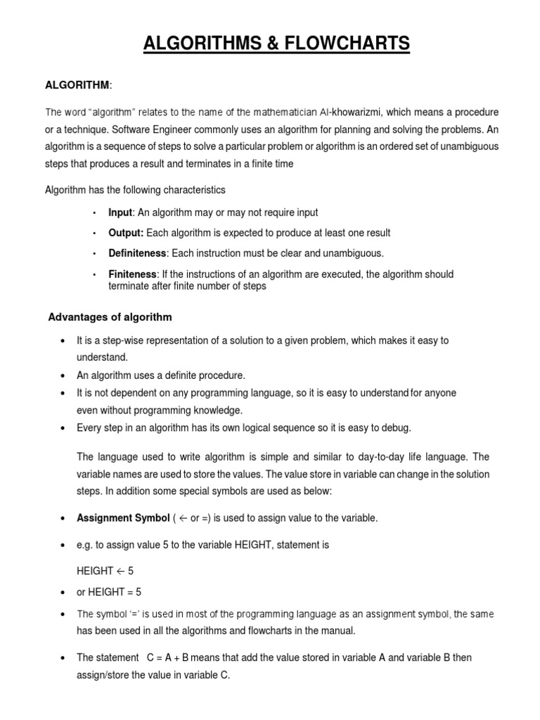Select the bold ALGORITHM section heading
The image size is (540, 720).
click(77, 85)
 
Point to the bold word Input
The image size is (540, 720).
click(120, 212)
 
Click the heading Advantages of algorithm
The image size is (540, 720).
click(110, 317)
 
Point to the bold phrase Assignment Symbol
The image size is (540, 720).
click(123, 518)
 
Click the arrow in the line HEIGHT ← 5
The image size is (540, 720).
click(121, 571)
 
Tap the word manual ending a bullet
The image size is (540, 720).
click(339, 630)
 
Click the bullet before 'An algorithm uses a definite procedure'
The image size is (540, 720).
click(63, 375)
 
